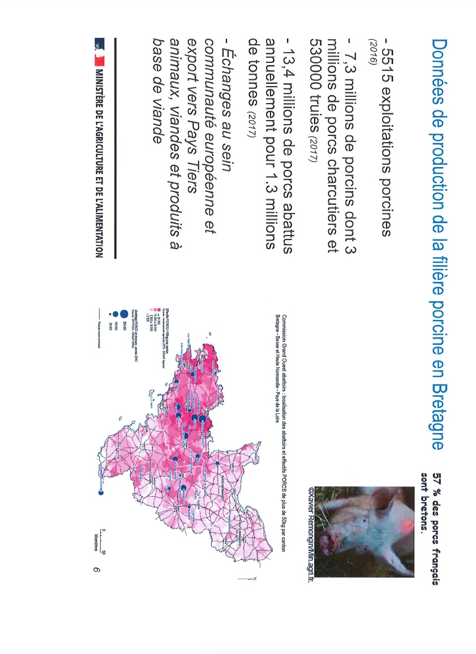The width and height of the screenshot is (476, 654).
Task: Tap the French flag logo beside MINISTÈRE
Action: (100, 46)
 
